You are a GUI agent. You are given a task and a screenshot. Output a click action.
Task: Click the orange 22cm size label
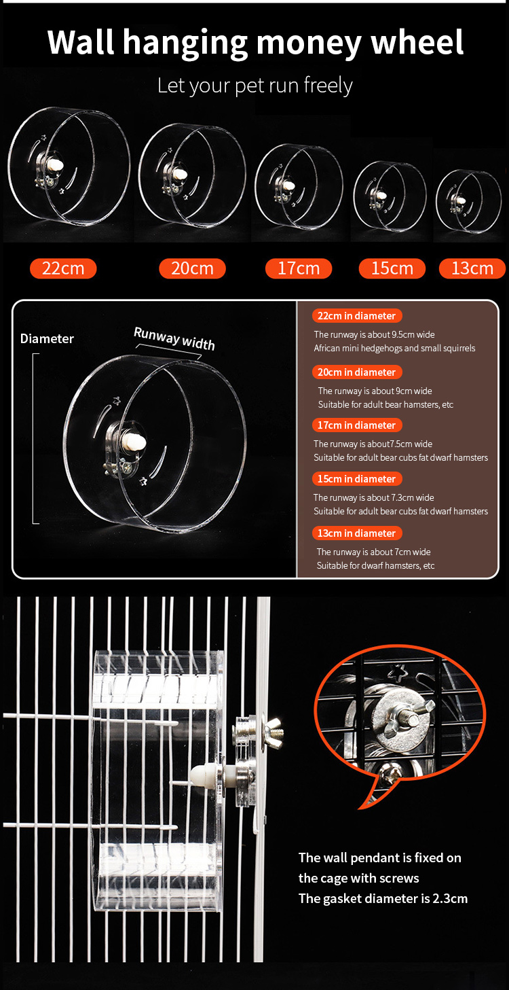[x=63, y=268]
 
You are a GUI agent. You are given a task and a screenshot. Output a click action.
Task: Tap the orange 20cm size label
[x=192, y=268]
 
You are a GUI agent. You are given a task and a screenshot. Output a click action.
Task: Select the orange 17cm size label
[x=299, y=268]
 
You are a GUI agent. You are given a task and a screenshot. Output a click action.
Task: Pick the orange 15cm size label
[x=392, y=268]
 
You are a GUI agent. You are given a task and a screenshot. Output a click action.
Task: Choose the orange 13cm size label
[x=472, y=268]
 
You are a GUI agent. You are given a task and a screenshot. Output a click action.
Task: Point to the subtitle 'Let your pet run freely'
[x=254, y=86]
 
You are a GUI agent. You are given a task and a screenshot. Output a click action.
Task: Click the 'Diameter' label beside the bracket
[x=47, y=338]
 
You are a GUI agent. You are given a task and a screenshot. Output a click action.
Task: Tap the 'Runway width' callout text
[x=174, y=338]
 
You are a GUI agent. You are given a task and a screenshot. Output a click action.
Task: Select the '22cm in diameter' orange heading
[x=357, y=315]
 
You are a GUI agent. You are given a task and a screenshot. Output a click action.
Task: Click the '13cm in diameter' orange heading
[x=357, y=533]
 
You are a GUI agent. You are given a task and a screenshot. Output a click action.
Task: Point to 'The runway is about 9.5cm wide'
[x=375, y=334]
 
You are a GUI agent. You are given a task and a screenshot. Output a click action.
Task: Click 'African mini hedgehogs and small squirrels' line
[x=395, y=349]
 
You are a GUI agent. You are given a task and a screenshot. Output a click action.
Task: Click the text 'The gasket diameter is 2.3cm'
[x=383, y=898]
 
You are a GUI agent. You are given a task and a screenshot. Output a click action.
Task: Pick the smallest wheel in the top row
[x=469, y=201]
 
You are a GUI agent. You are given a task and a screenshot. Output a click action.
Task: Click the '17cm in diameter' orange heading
[x=357, y=425]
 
